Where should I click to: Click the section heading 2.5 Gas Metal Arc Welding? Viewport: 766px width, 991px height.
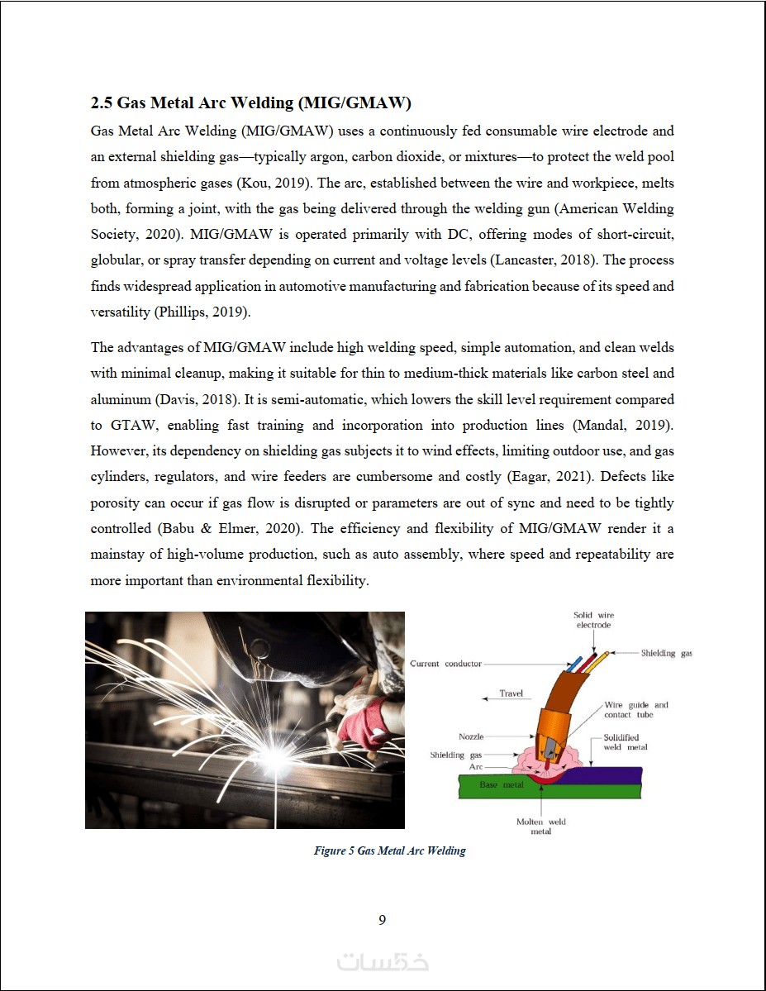tap(251, 103)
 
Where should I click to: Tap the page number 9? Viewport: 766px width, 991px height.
tap(382, 920)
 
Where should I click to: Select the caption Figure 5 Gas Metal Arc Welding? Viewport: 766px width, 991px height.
tap(389, 850)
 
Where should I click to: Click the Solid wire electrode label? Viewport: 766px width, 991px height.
tap(593, 620)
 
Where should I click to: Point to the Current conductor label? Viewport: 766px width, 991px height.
tap(445, 664)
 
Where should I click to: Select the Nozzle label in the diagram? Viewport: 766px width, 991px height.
tap(471, 736)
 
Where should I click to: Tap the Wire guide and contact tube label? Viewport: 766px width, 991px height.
tap(635, 710)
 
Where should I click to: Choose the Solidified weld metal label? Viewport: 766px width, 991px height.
tap(625, 742)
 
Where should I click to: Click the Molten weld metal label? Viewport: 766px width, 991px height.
tap(540, 827)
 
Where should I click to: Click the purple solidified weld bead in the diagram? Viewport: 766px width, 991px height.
tap(611, 775)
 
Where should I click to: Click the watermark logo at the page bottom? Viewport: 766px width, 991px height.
tap(383, 962)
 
